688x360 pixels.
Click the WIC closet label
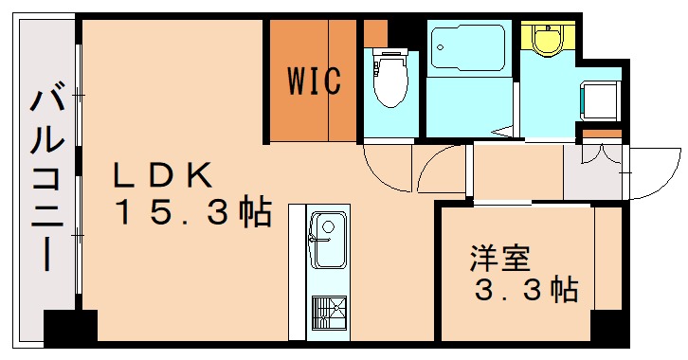tap(314, 81)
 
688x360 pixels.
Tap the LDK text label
tap(161, 176)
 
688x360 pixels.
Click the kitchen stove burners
tap(328, 313)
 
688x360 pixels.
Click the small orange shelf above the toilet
tap(375, 33)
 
